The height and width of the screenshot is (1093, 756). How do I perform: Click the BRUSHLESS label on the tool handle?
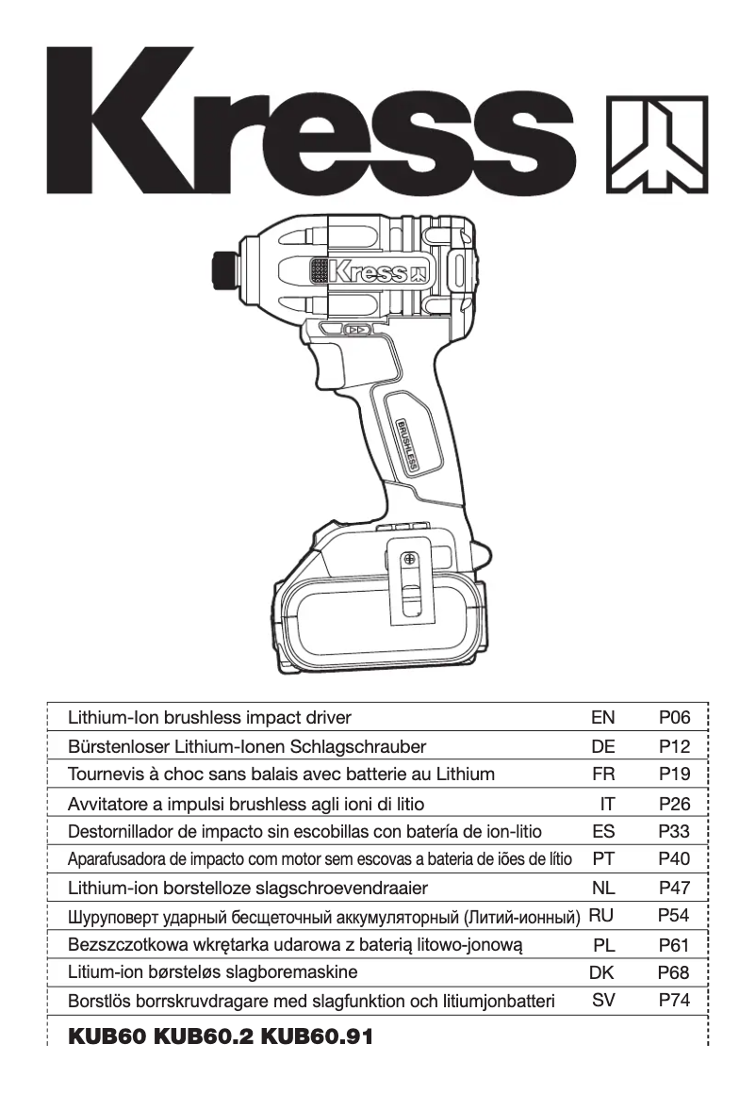pos(407,442)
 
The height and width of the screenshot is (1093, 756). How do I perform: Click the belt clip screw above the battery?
pos(408,560)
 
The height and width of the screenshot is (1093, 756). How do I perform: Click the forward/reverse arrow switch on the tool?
pos(355,330)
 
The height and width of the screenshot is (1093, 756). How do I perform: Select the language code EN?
pos(602,718)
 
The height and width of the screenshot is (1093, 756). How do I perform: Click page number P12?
pos(674,747)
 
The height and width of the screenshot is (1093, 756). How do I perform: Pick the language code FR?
pos(602,775)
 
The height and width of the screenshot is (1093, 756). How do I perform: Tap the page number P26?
pos(674,805)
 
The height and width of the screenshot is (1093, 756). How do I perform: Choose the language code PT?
pos(602,859)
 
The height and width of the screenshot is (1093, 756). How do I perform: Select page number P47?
pos(674,888)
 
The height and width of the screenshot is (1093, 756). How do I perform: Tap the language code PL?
pos(603,944)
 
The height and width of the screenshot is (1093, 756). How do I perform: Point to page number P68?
pos(674,972)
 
